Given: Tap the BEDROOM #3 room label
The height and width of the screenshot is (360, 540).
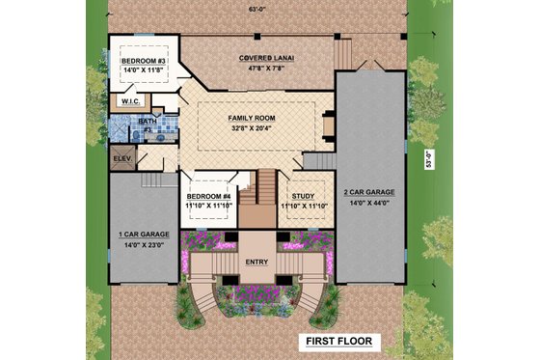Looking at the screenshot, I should [144, 61].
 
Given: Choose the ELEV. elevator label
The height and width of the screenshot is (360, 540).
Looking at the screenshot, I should [122, 157].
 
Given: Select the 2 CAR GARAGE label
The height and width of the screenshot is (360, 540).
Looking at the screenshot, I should [369, 192].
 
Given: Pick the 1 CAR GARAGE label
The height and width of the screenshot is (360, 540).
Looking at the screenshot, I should [143, 235].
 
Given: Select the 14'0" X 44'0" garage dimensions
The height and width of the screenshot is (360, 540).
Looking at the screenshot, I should [369, 203].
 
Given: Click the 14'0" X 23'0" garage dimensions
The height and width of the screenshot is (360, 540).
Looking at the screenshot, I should [143, 245].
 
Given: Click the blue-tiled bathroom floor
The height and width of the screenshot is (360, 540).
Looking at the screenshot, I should [160, 130].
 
